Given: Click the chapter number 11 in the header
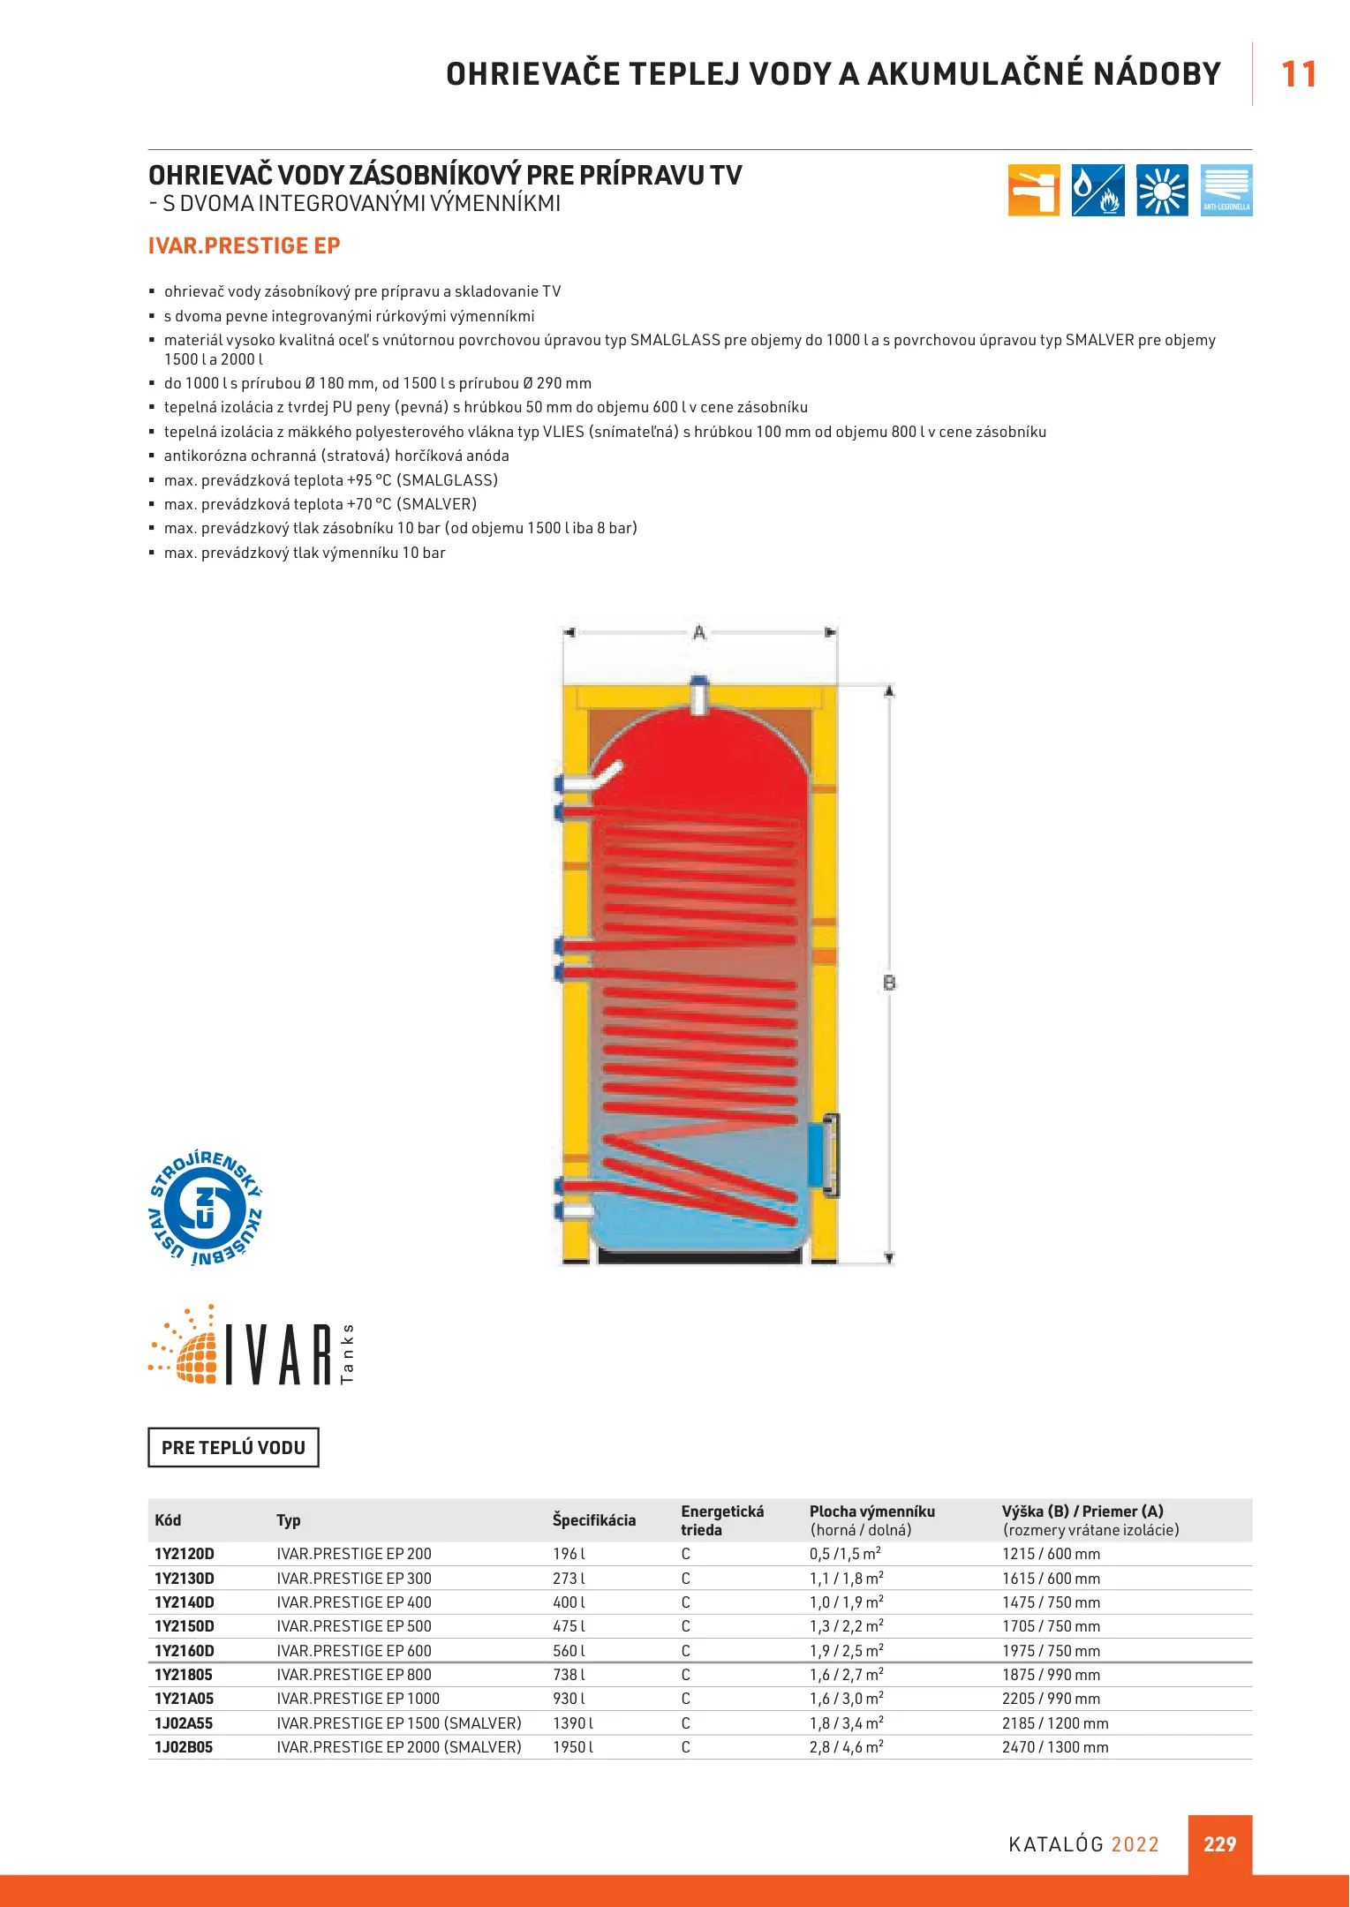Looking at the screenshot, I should pyautogui.click(x=1298, y=74).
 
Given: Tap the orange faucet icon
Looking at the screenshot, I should pyautogui.click(x=1033, y=190).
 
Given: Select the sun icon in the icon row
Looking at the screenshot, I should pyautogui.click(x=1162, y=190).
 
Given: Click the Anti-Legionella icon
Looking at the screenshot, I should pyautogui.click(x=1226, y=190).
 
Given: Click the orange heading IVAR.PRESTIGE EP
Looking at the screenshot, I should pyautogui.click(x=244, y=245).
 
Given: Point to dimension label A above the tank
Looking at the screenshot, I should pyautogui.click(x=699, y=632).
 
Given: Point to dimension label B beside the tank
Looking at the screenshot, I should pyautogui.click(x=889, y=982).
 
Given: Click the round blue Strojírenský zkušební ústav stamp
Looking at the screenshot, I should pyautogui.click(x=205, y=1208).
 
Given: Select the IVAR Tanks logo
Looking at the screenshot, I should pyautogui.click(x=252, y=1347).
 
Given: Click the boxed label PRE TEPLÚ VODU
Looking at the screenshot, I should pyautogui.click(x=233, y=1447).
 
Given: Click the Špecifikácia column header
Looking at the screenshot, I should pyautogui.click(x=593, y=1519).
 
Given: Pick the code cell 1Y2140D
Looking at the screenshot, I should pyautogui.click(x=185, y=1602).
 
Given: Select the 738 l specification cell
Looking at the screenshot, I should pyautogui.click(x=569, y=1674).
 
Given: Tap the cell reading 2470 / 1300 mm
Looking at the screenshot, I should pyautogui.click(x=1054, y=1746).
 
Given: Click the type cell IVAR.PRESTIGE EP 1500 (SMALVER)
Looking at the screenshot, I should pyautogui.click(x=398, y=1722).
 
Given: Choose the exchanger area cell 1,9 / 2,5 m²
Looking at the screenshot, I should pyautogui.click(x=846, y=1650).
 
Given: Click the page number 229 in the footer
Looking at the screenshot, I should pyautogui.click(x=1219, y=1843).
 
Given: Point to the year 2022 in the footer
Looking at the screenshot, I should pyautogui.click(x=1135, y=1844).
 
